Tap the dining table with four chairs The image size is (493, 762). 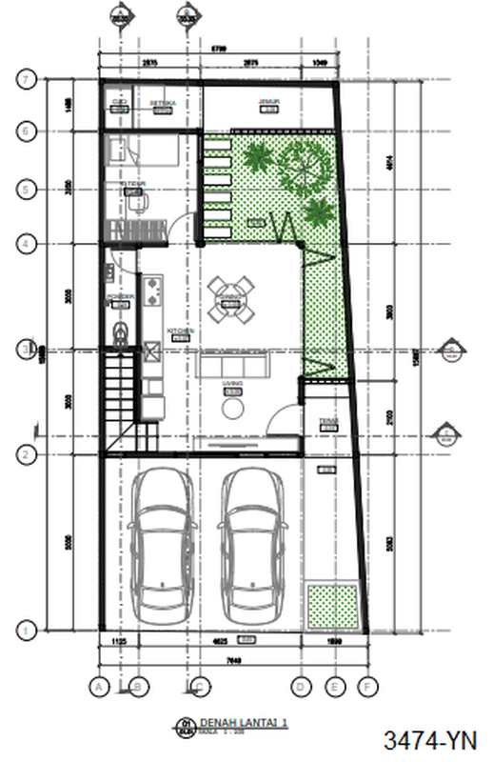(232, 299)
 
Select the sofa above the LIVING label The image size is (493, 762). (233, 365)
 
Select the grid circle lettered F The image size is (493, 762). (366, 685)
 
